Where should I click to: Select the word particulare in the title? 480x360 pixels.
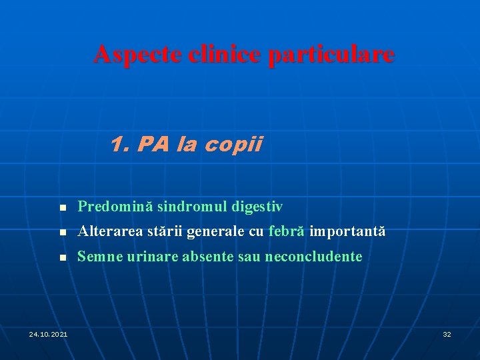coord(331,54)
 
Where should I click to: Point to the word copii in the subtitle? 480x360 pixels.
coord(237,144)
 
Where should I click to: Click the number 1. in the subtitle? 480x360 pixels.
coord(121,144)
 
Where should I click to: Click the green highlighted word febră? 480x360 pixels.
coord(287,232)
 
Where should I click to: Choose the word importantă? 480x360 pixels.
coord(347,232)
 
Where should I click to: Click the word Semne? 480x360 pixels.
coord(97,257)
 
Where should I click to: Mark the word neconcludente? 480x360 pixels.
coord(314,257)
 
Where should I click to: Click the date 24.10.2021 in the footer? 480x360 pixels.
coord(48,333)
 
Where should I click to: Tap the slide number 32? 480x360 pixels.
coord(447,333)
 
